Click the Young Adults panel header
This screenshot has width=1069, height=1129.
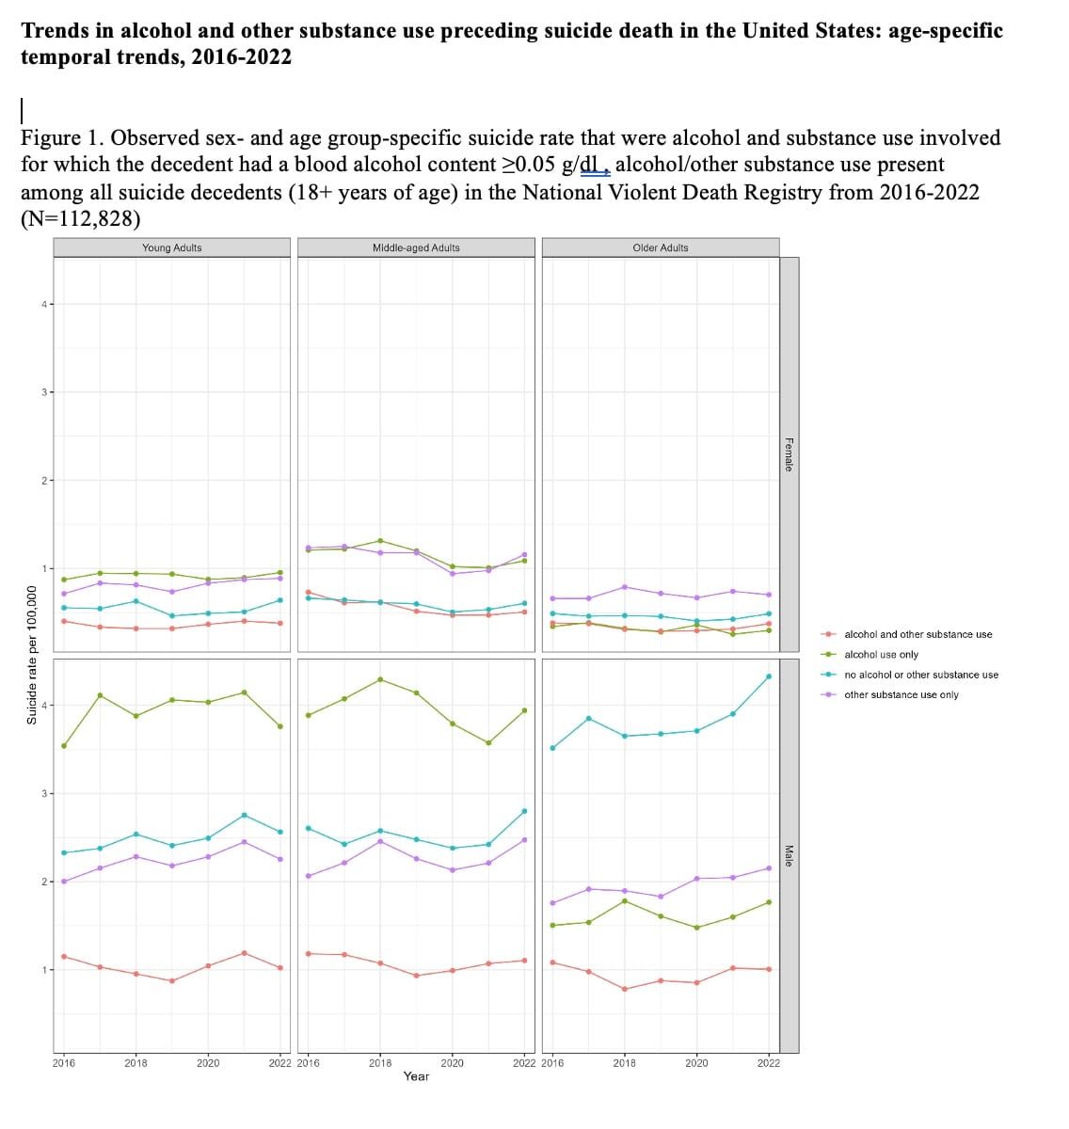point(171,247)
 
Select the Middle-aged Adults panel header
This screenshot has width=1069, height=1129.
point(416,247)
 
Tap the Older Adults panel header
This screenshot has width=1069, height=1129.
point(661,247)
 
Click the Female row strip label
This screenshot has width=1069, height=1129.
point(789,454)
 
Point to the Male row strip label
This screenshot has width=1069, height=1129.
point(789,855)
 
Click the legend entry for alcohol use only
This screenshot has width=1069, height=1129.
point(881,654)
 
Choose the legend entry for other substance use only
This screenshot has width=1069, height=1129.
point(901,694)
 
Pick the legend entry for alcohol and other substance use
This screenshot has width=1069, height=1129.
point(917,634)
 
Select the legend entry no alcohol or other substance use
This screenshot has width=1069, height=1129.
point(921,675)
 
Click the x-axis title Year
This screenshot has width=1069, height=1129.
point(416,1075)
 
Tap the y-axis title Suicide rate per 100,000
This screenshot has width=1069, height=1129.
point(32,655)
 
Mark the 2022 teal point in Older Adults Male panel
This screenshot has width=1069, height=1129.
point(769,676)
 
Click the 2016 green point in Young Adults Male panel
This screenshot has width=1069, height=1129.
point(64,746)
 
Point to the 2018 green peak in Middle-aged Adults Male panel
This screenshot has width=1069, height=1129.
point(379,679)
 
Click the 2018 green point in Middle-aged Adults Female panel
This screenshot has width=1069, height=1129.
point(379,540)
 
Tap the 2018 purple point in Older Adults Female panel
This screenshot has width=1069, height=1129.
point(625,587)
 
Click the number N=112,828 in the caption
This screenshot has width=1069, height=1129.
point(80,218)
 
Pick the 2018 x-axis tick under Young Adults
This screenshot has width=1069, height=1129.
point(136,1062)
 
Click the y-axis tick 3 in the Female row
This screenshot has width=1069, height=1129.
point(44,392)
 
